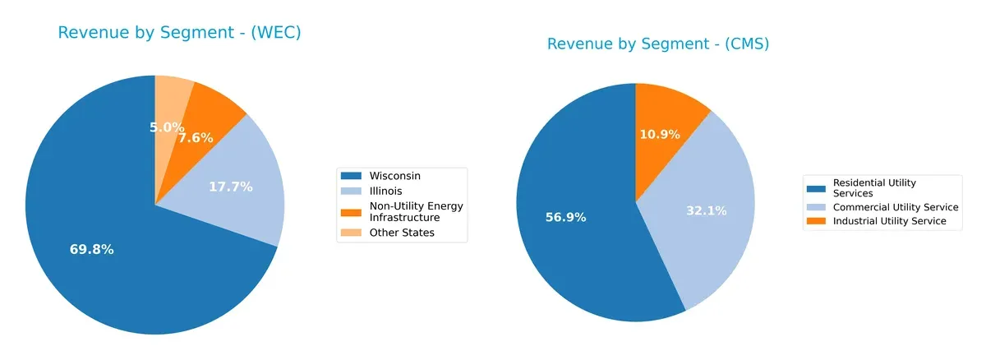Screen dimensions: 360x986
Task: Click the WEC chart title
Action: pyautogui.click(x=179, y=33)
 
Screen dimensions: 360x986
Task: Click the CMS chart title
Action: pyautogui.click(x=657, y=44)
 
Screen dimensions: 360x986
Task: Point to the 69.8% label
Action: pyautogui.click(x=91, y=250)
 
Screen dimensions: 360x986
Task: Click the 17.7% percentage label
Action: pyautogui.click(x=230, y=187)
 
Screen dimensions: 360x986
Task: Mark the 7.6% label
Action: pyautogui.click(x=196, y=138)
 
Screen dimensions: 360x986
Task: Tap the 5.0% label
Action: pyautogui.click(x=167, y=128)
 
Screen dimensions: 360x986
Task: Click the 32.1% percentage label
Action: pyautogui.click(x=707, y=210)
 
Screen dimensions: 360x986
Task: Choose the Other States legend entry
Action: pyautogui.click(x=402, y=233)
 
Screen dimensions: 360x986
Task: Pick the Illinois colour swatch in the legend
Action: pyautogui.click(x=350, y=191)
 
